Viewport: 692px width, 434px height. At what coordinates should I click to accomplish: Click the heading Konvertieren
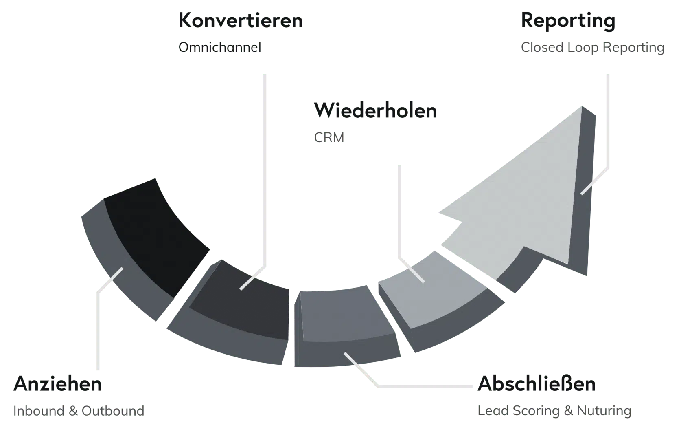[x=241, y=20]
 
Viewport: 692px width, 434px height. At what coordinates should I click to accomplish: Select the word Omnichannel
[x=220, y=47]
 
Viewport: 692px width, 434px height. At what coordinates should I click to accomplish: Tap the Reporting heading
[x=568, y=21]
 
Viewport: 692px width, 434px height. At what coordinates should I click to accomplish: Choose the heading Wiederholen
[x=375, y=110]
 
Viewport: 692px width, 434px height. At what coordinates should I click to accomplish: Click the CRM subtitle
[x=329, y=138]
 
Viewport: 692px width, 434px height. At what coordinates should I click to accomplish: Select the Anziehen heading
[x=57, y=384]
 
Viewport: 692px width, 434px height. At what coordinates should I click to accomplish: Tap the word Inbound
[x=39, y=411]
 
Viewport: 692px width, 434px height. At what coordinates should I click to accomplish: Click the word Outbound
[x=113, y=411]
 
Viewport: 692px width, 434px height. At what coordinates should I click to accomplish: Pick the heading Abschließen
[x=537, y=384]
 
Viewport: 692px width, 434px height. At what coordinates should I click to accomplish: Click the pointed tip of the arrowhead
[x=582, y=107]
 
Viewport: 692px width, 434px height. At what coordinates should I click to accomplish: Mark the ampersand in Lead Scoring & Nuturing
[x=568, y=411]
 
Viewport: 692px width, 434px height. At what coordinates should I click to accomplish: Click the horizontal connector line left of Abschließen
[x=425, y=386]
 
